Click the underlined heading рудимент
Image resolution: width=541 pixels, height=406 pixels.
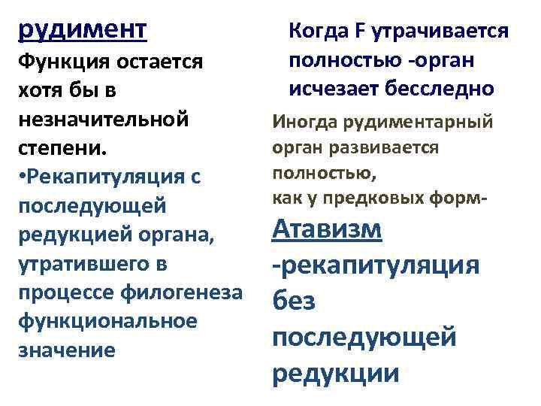[83, 31]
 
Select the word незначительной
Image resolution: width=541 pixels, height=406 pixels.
[102, 118]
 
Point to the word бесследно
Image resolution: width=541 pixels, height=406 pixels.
[442, 89]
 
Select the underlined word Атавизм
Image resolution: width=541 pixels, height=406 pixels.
[327, 229]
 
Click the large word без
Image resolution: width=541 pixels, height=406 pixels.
[295, 301]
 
